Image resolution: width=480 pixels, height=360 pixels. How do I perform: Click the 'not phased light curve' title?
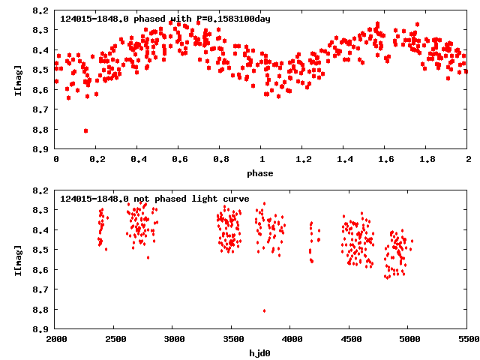(154, 199)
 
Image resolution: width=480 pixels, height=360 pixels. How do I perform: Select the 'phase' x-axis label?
(262, 173)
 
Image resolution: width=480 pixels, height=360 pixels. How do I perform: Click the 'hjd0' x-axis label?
(262, 352)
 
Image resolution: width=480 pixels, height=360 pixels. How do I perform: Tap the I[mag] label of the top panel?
(17, 79)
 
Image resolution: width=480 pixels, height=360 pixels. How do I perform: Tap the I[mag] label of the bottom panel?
(17, 259)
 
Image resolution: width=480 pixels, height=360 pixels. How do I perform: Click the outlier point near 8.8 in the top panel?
(85, 130)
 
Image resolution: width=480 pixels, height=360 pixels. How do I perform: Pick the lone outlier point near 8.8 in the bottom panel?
(264, 310)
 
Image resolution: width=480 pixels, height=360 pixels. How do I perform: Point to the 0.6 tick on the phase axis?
(180, 160)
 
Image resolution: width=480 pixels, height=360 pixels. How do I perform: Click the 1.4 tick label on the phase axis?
(344, 160)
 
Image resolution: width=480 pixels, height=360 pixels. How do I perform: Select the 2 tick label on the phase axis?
(468, 160)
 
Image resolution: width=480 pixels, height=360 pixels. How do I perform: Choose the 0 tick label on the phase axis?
(56, 160)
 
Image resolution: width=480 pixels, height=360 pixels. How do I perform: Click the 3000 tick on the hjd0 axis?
(174, 340)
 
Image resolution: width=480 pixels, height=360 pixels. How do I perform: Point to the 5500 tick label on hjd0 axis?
(468, 340)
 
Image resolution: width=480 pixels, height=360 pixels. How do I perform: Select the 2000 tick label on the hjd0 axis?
(56, 340)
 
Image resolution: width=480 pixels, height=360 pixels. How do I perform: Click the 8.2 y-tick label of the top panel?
(42, 10)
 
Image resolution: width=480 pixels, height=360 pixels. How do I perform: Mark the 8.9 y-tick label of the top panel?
(42, 149)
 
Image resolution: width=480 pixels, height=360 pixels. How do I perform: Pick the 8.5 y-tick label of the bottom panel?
(42, 250)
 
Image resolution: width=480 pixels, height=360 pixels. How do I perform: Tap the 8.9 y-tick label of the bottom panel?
(42, 329)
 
